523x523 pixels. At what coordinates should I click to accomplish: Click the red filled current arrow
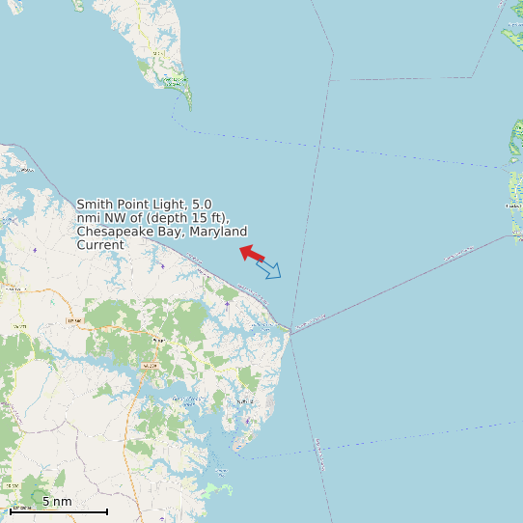pyautogui.click(x=252, y=254)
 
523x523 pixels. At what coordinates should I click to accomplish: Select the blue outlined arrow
pyautogui.click(x=269, y=269)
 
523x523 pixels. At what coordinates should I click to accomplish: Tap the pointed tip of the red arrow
pyautogui.click(x=240, y=249)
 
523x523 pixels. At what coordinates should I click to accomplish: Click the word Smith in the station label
pyautogui.click(x=95, y=205)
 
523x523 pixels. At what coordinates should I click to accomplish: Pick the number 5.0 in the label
pyautogui.click(x=202, y=205)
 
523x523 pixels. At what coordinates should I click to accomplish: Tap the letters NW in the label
pyautogui.click(x=115, y=218)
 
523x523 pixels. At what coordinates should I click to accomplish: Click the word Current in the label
pyautogui.click(x=100, y=245)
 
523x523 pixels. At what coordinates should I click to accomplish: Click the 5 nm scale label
pyautogui.click(x=57, y=502)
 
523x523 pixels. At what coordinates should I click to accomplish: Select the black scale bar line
pyautogui.click(x=58, y=510)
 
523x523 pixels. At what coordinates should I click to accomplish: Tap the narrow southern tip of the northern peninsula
pyautogui.click(x=189, y=107)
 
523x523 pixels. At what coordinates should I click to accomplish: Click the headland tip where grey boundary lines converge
pyautogui.click(x=288, y=328)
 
